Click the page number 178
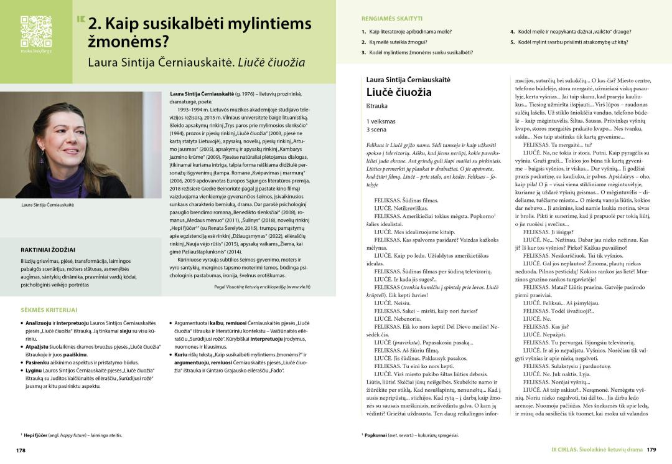click(21, 450)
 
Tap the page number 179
click(651, 450)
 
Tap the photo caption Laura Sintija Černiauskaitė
click(47, 204)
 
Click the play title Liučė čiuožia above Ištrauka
click(399, 92)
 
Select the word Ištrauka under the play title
click(377, 106)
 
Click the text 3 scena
click(377, 129)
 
